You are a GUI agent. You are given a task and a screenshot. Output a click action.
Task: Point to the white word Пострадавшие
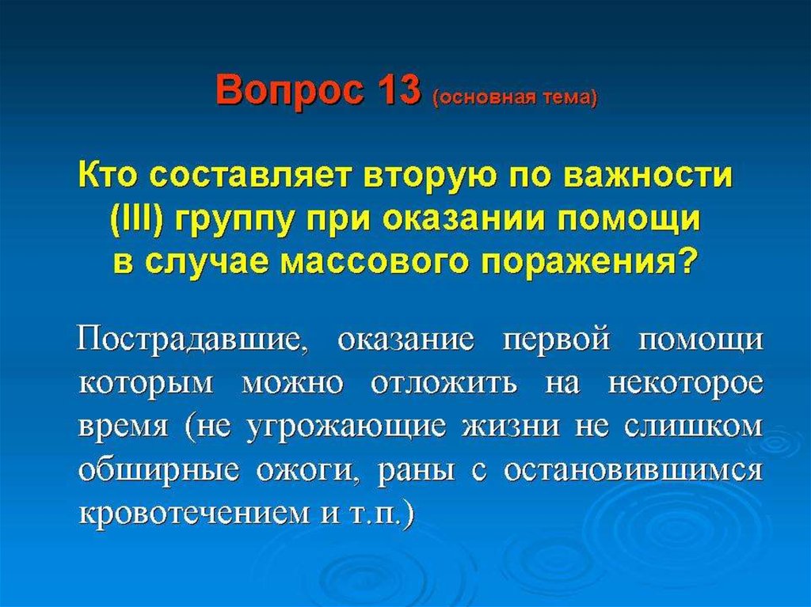(189, 341)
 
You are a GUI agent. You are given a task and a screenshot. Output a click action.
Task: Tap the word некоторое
(685, 385)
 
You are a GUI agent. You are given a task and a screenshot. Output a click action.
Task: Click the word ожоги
(309, 472)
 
